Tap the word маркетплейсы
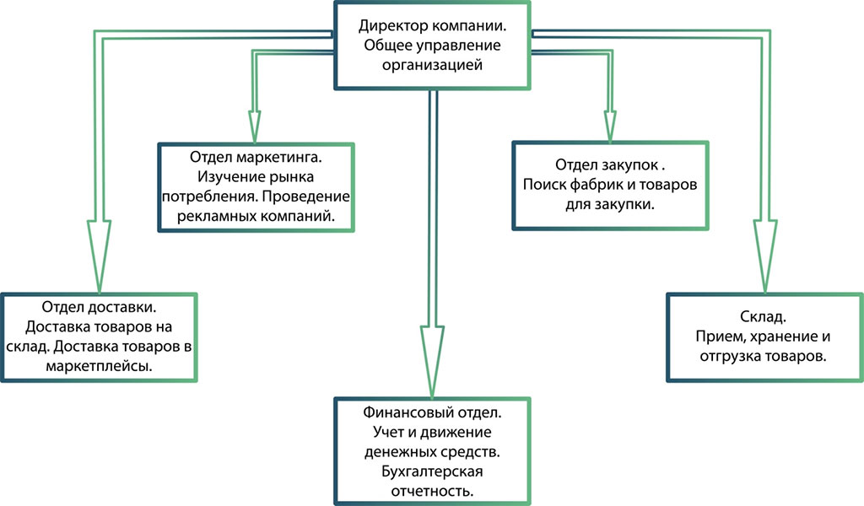[x=100, y=367]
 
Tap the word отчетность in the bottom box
[x=432, y=490]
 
